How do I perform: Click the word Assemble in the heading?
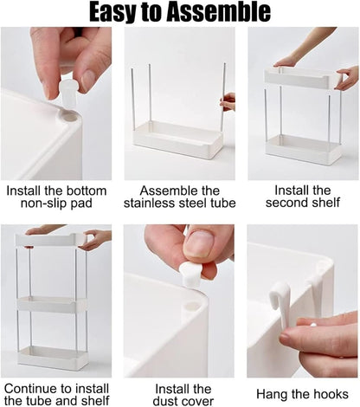tap(217, 13)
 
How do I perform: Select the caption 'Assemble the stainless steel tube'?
tap(179, 197)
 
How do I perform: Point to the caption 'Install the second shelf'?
tap(303, 197)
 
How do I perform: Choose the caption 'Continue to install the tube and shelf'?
tap(55, 395)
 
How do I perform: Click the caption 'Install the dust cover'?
tap(179, 395)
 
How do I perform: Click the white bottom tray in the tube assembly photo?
tap(178, 139)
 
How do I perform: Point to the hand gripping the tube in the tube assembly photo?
tap(228, 101)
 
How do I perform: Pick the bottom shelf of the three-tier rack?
tap(53, 357)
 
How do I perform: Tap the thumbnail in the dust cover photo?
tap(198, 245)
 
